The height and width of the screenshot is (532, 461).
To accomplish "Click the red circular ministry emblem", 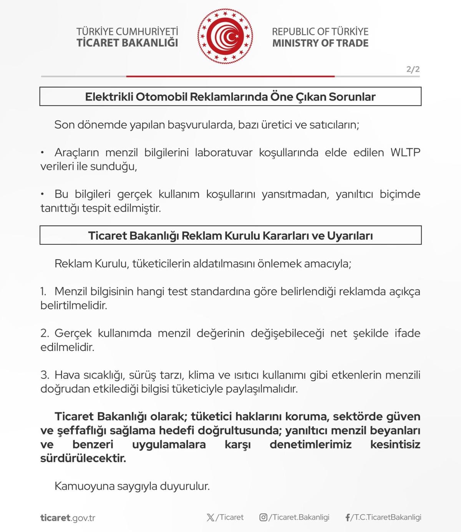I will coord(226,36).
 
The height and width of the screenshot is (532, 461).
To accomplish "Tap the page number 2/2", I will coord(413,70).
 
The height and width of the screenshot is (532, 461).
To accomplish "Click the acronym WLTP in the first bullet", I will coord(405,152).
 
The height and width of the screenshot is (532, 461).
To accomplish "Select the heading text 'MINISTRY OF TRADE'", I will coord(320,43).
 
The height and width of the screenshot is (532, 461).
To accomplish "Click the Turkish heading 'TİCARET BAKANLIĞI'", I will coord(127,43).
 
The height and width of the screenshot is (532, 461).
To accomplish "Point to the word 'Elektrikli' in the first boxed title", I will coord(109,97).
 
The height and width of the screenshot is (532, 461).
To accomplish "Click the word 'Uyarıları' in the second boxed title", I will coord(350,235).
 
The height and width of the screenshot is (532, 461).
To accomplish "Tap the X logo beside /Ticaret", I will coord(211,517).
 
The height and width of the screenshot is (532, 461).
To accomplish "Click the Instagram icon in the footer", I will coord(263,517).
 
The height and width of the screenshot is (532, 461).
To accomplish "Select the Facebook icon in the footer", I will coord(348,517).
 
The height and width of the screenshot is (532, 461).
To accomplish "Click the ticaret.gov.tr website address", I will coord(68,518).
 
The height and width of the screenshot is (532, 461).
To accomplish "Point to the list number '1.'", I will coord(44,292).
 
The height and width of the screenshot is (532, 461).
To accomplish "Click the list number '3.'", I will coord(45,375).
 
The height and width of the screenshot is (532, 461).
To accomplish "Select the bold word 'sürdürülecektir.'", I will coord(83,458).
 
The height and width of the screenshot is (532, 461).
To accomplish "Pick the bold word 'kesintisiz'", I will coord(395,444).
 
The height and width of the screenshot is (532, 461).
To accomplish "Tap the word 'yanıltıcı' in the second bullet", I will coord(354,194).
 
